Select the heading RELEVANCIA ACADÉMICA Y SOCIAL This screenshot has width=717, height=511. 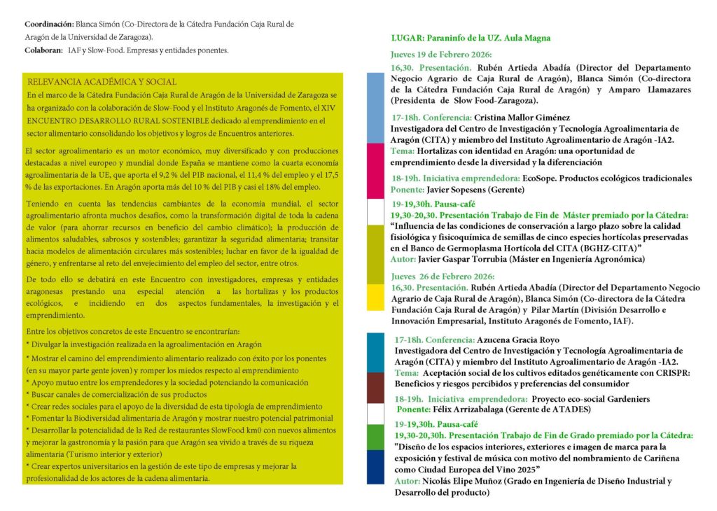tap(102, 82)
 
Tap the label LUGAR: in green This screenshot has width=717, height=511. tap(406, 38)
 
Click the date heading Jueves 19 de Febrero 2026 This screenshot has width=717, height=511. tap(442, 55)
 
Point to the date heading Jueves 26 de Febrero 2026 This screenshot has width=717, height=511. tap(442, 276)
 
